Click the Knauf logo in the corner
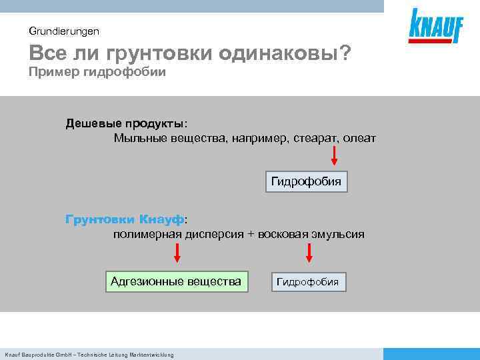436,27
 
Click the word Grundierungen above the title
64,31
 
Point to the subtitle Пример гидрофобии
97,72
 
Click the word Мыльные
138,138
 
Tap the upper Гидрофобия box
307,181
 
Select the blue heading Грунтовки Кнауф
125,219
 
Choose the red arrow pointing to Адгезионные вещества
177,252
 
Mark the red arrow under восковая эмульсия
309,252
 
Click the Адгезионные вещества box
176,281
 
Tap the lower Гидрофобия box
308,282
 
